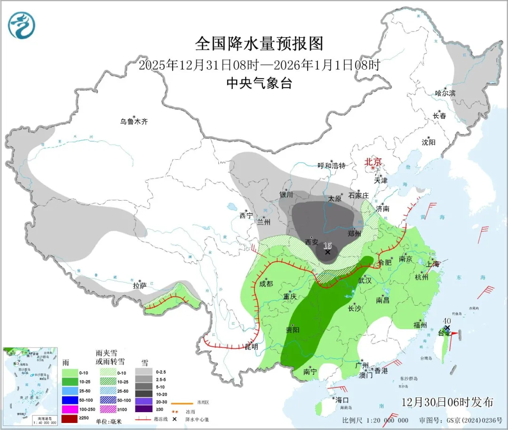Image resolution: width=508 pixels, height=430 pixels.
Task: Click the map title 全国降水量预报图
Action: [x=259, y=44]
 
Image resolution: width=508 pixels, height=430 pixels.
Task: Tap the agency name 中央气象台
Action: [x=259, y=83]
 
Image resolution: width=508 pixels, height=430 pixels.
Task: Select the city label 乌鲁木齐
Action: [x=134, y=122]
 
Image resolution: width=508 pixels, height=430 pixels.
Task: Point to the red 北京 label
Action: [x=375, y=162]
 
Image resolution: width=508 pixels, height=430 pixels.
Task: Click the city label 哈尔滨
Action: [x=445, y=93]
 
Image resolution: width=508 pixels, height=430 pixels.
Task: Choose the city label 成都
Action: [x=266, y=284]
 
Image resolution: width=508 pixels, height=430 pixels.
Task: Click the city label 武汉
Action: [x=365, y=280]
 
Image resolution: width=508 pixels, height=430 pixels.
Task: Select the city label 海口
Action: [x=341, y=400]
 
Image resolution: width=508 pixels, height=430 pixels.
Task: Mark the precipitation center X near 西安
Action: [x=328, y=252]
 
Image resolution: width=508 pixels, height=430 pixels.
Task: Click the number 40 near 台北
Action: [x=446, y=321]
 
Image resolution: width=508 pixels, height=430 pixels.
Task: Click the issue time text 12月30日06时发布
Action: [x=447, y=402]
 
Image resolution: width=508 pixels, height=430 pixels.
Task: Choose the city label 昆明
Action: [x=251, y=347]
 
